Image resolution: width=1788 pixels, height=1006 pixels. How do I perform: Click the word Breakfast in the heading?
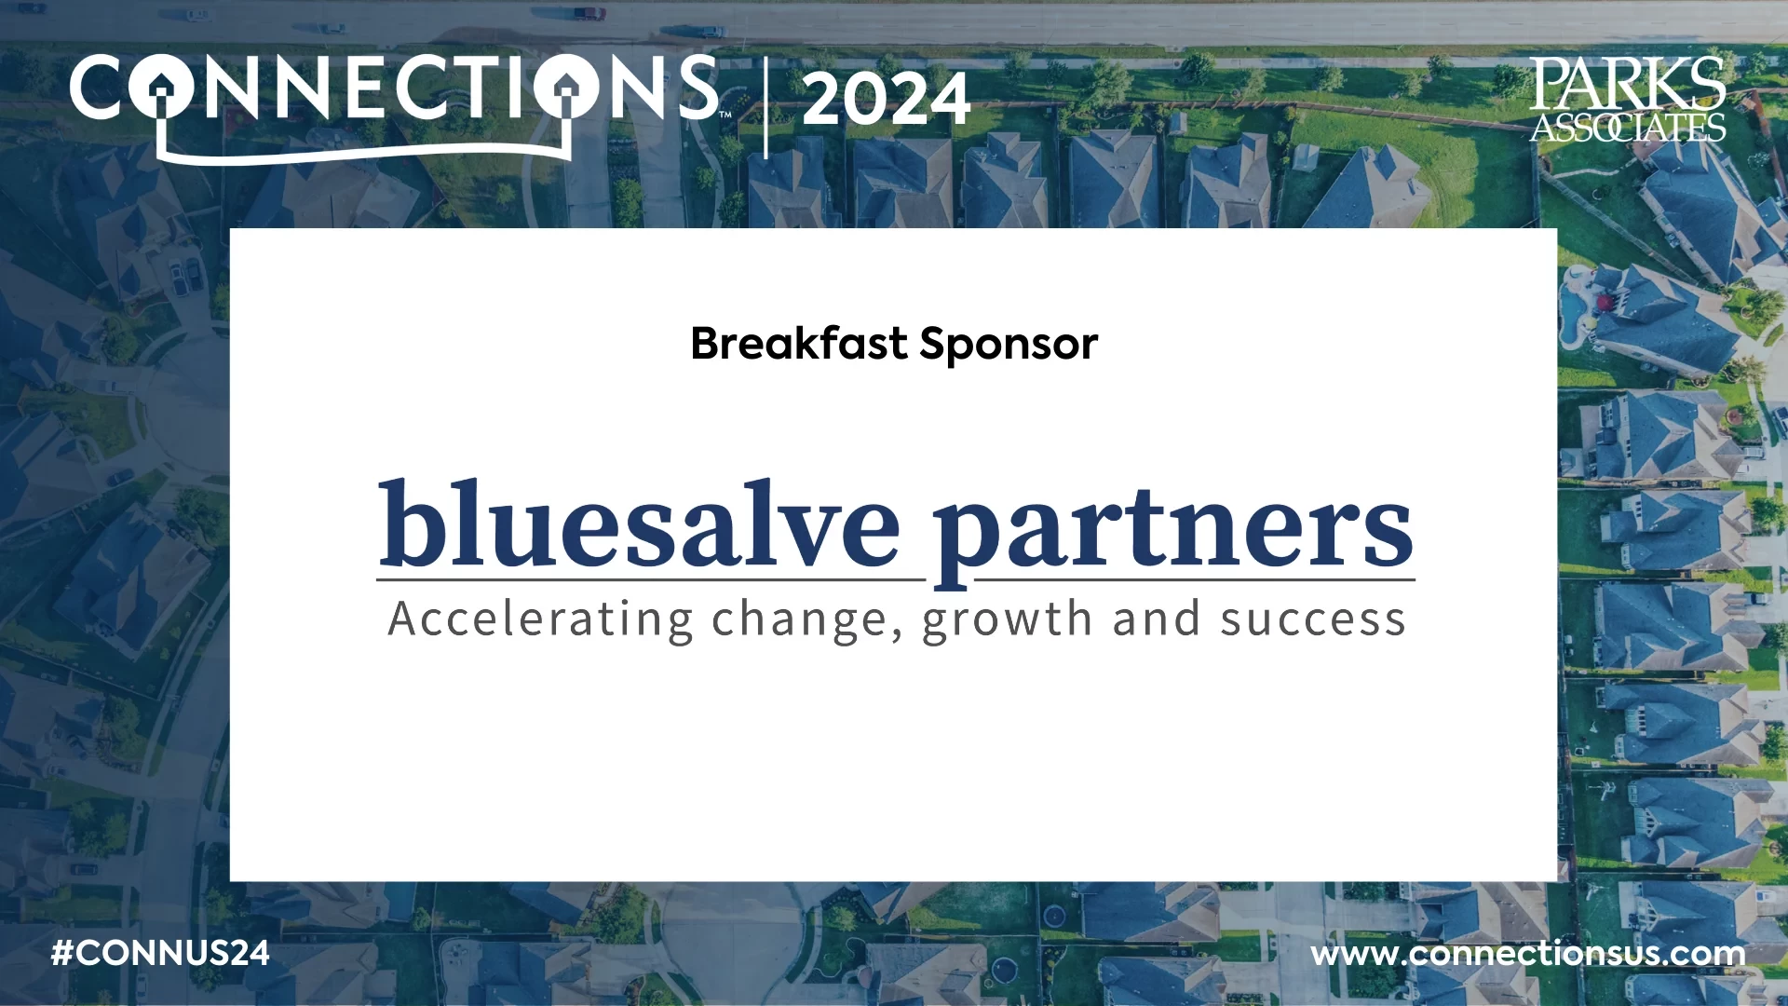(799, 343)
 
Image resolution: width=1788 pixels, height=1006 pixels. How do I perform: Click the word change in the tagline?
(800, 619)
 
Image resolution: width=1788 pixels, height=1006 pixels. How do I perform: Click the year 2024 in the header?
(886, 100)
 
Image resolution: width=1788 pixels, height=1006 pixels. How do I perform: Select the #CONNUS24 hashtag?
(160, 953)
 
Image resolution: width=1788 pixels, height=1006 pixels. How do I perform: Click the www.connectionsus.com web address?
(1527, 954)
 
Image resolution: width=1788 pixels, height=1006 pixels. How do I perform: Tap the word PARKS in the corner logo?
(1627, 84)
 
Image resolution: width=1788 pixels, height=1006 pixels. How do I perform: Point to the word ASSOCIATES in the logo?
(1628, 127)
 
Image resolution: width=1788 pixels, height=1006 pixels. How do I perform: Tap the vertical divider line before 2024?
(765, 108)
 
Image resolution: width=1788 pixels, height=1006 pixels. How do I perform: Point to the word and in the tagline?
(1156, 619)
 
